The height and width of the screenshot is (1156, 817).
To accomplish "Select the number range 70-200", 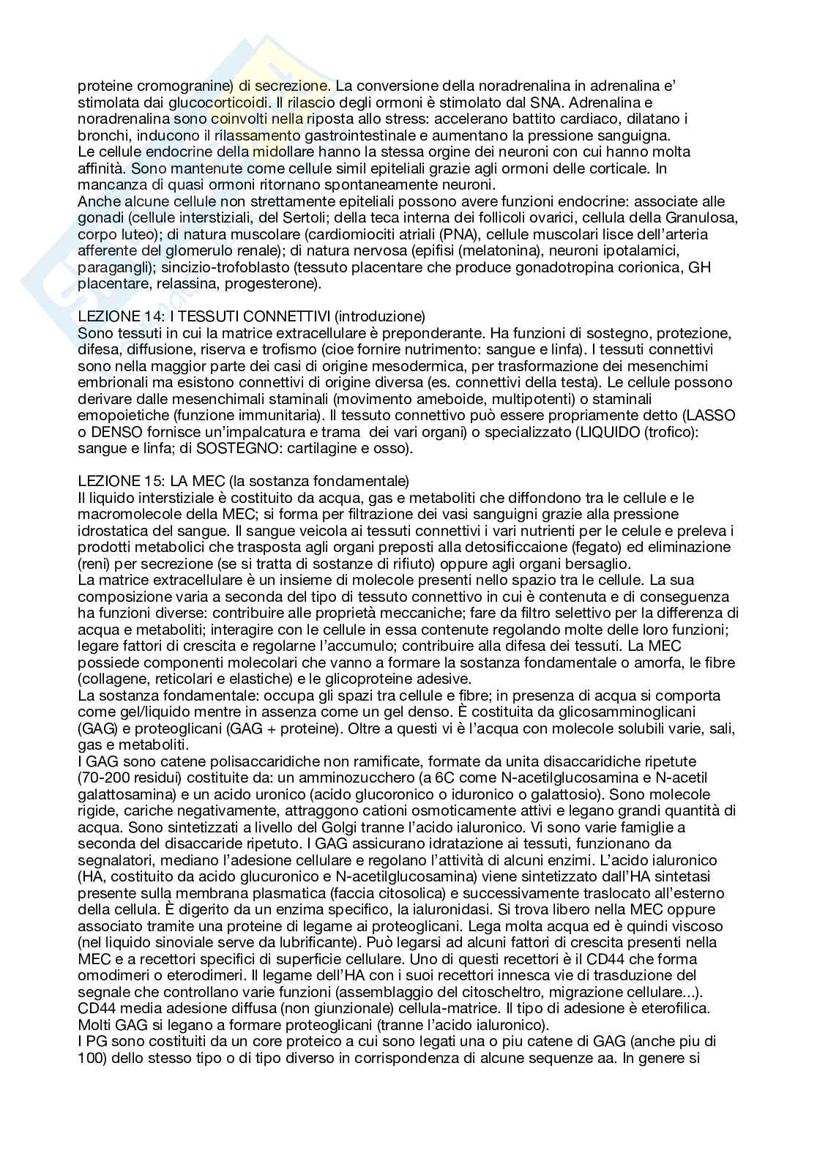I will (104, 777).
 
